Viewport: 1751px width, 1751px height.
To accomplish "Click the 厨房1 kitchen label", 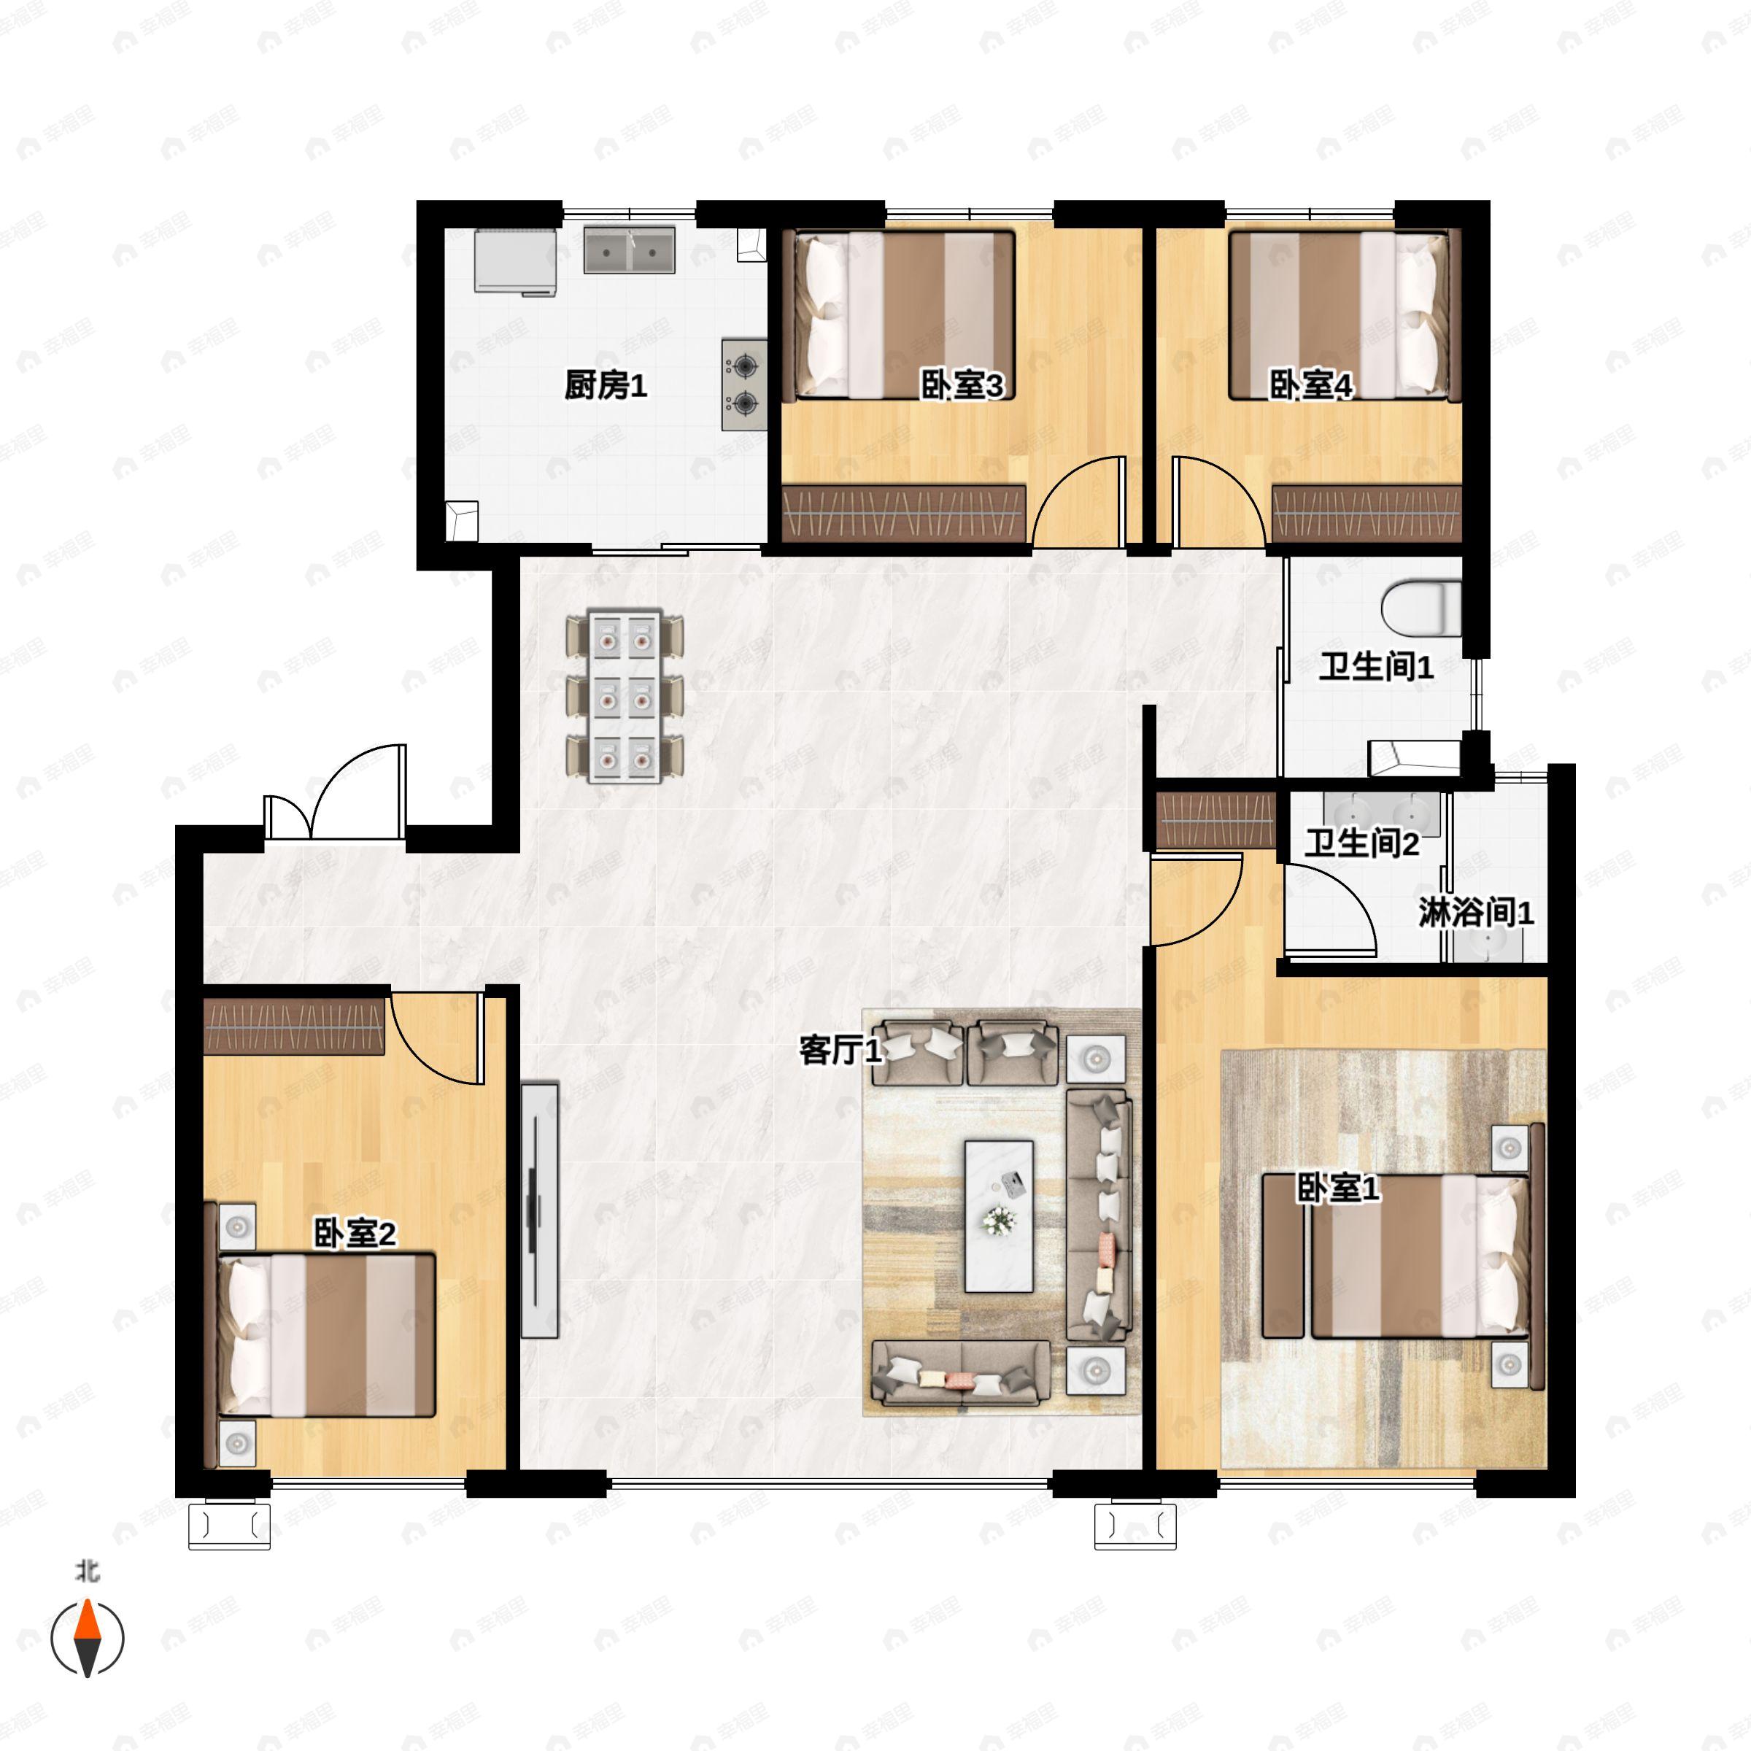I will coord(606,385).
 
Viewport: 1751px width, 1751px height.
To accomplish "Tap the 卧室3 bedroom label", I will coord(962,385).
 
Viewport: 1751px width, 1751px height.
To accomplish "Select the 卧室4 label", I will coord(1310,385).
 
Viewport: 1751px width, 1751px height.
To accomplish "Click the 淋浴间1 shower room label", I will coord(1475,912).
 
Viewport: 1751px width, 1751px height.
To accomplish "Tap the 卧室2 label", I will coord(355,1234).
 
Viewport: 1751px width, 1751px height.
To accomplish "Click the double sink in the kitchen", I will coord(629,250).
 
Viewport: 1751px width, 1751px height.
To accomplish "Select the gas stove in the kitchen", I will coord(744,384).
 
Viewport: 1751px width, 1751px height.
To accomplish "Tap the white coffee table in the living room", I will coord(999,1215).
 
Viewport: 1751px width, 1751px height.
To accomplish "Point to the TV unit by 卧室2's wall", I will coord(539,1209).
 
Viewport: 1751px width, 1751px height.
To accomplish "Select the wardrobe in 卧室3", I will coord(904,513).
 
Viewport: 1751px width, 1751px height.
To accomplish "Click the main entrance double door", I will coord(336,797).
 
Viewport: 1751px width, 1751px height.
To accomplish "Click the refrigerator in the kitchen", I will coord(515,261).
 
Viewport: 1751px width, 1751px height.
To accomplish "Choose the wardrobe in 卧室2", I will coord(295,1026).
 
